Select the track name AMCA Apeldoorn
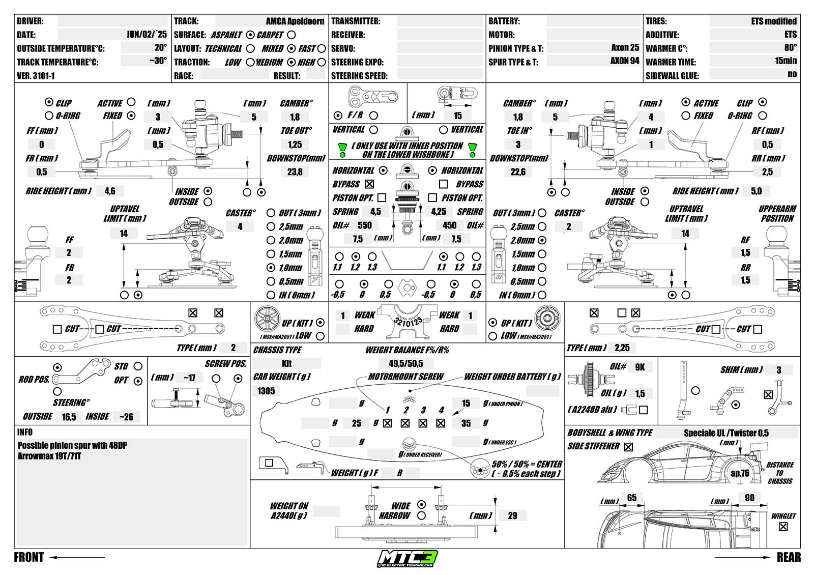(295, 21)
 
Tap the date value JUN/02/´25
(147, 35)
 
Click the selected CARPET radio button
(250, 35)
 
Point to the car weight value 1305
(266, 391)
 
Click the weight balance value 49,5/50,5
(405, 363)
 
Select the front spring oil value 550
(365, 225)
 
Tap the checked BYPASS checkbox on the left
(369, 184)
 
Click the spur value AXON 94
(625, 61)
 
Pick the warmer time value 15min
(786, 61)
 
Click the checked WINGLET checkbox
(783, 527)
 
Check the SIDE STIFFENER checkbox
(628, 447)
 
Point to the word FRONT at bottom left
(29, 557)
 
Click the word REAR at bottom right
(789, 557)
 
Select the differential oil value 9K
(640, 367)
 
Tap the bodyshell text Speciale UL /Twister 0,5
(726, 433)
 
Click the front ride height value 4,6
(110, 191)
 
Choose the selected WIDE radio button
(421, 504)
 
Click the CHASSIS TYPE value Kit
(286, 363)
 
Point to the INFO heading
(25, 432)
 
